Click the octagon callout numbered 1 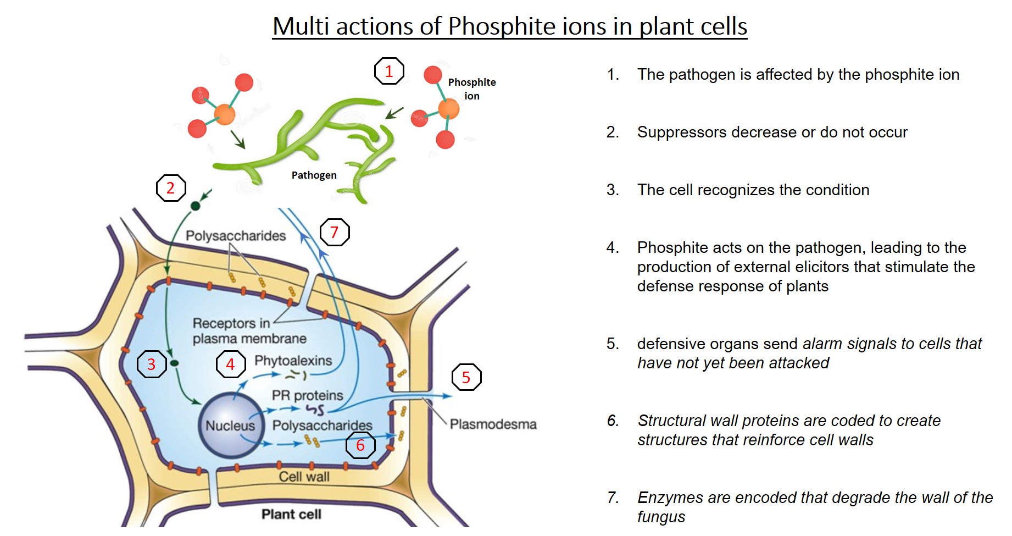coord(389,71)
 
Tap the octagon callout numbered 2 coord(171,188)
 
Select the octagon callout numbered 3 coord(152,364)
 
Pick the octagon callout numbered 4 coord(231,364)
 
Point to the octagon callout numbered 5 coord(466,377)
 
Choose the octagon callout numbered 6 coord(360,445)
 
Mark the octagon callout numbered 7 coord(335,233)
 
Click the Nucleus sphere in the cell coord(230,425)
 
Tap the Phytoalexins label coord(293,361)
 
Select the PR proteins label coord(307,395)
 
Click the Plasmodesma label coord(493,424)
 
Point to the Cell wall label coord(304,477)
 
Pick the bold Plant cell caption coord(291,514)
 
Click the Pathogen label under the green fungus coord(314,175)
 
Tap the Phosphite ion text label coord(472,89)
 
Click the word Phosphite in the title coord(502,26)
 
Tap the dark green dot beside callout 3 coord(175,363)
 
